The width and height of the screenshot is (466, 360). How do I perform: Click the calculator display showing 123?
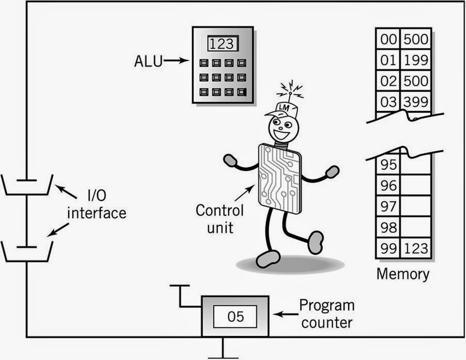click(223, 44)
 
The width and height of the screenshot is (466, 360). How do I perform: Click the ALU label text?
click(147, 61)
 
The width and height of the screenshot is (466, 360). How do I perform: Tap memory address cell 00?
click(388, 39)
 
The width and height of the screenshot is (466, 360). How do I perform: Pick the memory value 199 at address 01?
click(416, 60)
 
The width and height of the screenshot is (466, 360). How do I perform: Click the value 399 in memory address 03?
click(416, 101)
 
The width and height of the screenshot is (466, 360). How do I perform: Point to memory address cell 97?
click(388, 206)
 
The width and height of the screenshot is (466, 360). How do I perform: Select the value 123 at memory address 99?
click(416, 248)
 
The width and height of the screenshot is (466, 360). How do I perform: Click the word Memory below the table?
click(402, 273)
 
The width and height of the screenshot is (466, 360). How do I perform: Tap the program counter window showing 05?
click(235, 316)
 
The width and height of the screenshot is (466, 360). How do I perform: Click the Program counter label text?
click(327, 314)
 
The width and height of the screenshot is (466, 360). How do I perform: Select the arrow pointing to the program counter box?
click(284, 314)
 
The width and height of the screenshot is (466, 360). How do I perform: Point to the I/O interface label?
click(98, 205)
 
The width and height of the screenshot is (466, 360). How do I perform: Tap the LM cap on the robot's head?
click(282, 107)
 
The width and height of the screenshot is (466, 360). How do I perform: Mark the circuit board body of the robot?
click(279, 178)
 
